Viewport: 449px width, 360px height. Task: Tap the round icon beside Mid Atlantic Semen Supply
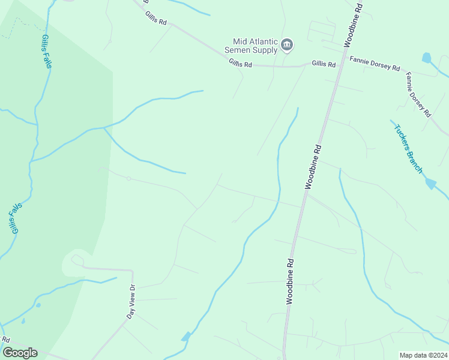[287, 44]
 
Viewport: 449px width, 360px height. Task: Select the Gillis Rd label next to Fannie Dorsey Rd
[323, 64]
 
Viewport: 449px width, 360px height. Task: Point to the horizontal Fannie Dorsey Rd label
[375, 64]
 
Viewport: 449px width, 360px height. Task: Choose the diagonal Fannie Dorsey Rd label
[418, 94]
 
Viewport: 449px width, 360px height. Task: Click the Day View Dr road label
[131, 302]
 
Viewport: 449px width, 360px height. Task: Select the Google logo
[20, 352]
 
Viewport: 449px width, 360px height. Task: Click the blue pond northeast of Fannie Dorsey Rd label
[426, 58]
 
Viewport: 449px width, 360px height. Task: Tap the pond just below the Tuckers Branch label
[430, 184]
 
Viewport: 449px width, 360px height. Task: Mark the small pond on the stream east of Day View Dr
[186, 337]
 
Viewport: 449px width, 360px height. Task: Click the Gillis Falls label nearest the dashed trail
[46, 51]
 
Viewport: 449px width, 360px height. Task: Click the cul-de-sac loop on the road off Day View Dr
[77, 260]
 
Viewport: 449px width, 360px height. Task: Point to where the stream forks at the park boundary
[104, 127]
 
